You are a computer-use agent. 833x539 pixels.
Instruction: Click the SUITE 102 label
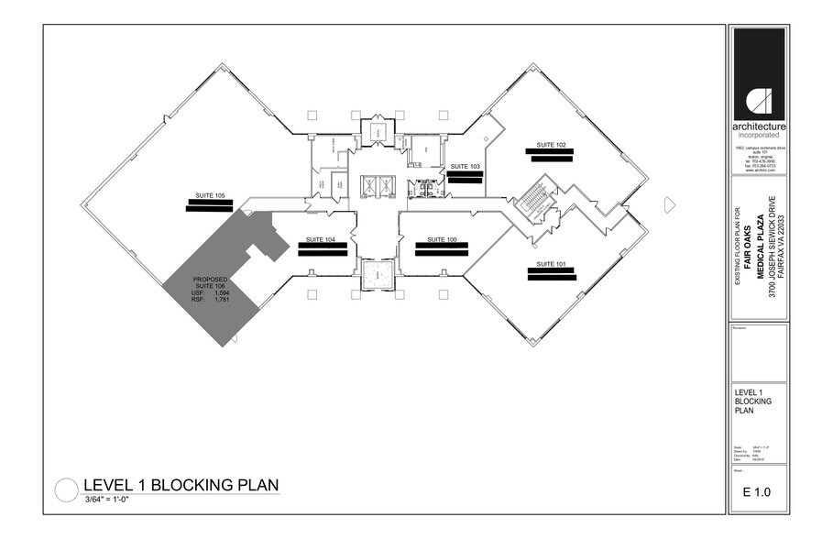tap(550, 145)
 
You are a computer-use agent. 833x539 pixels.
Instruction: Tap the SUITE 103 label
tap(465, 166)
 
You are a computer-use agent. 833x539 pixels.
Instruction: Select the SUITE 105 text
tap(210, 195)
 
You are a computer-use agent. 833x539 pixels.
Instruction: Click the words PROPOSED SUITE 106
tap(210, 282)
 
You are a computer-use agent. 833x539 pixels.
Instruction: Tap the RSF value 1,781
tap(221, 300)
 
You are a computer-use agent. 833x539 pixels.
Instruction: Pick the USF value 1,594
tap(221, 293)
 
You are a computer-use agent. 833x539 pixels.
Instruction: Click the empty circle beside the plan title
tap(67, 490)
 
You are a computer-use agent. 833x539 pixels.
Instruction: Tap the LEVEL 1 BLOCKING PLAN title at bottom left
tap(181, 485)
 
